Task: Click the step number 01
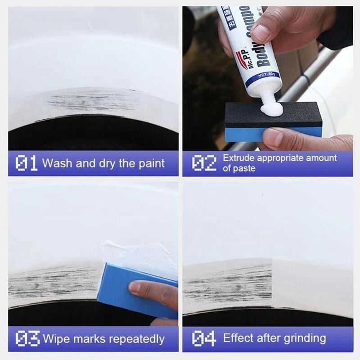26,163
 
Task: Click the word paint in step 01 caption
151,163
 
